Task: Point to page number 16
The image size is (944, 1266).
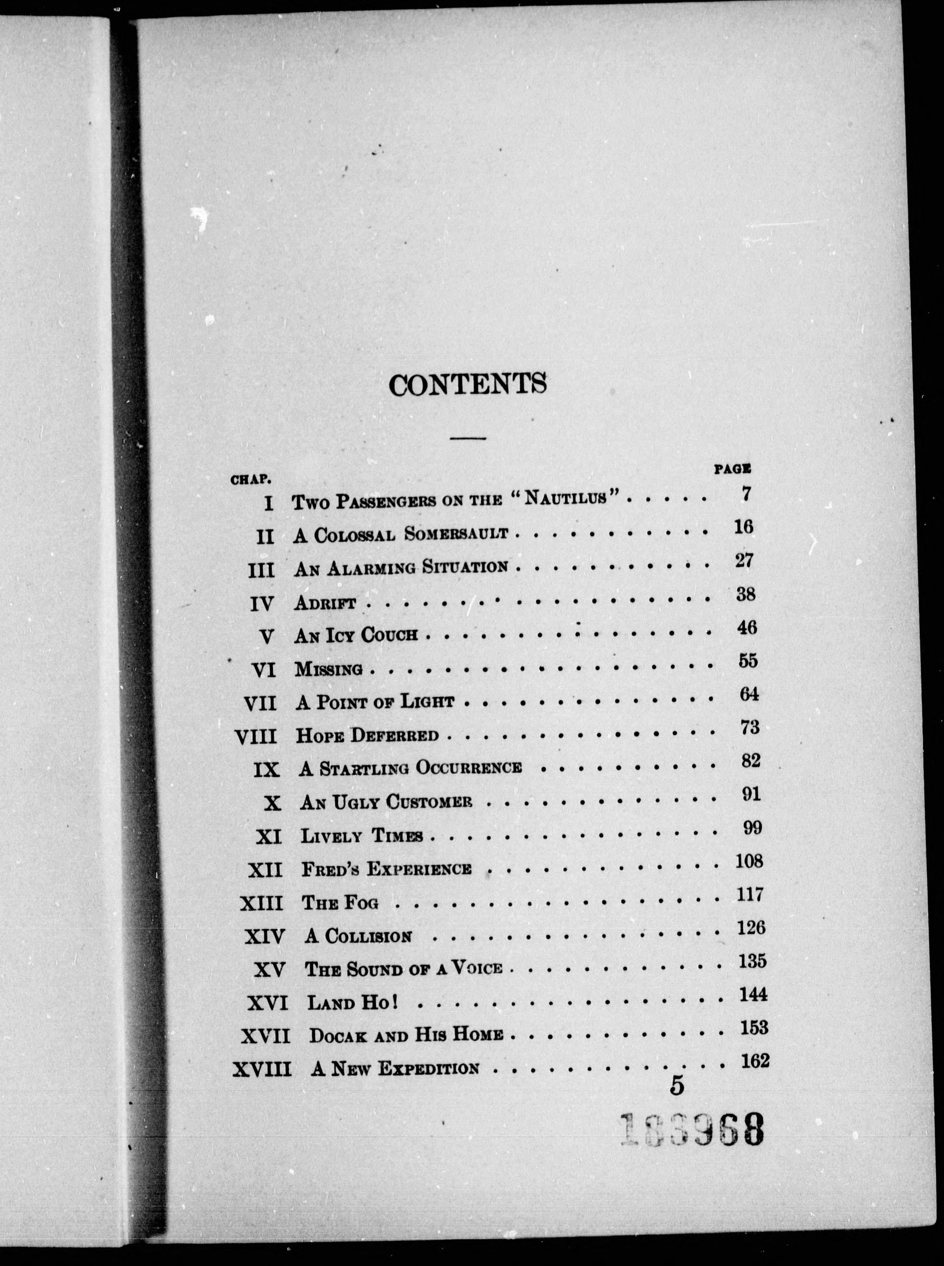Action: [743, 527]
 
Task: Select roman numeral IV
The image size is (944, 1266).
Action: [263, 604]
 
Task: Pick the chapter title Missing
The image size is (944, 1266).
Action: [329, 669]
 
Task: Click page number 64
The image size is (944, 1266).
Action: [748, 695]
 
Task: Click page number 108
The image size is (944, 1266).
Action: [749, 861]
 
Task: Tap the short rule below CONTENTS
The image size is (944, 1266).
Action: [468, 439]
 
